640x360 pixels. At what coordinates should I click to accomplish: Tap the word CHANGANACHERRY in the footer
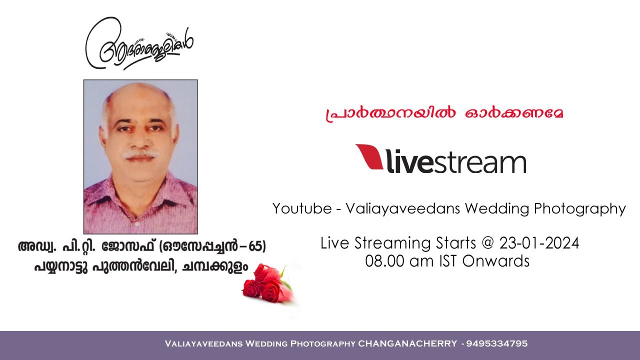(x=407, y=344)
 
